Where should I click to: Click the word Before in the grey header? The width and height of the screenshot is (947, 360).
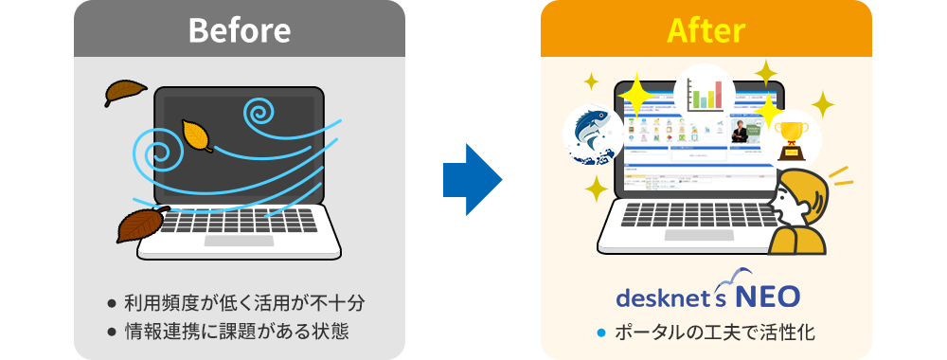click(x=239, y=29)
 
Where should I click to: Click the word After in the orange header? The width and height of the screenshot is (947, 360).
click(x=706, y=29)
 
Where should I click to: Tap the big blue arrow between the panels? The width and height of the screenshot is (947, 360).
click(x=473, y=180)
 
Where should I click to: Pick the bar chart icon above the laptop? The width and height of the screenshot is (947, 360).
click(x=704, y=94)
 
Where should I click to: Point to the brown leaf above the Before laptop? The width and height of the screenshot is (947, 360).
click(x=125, y=92)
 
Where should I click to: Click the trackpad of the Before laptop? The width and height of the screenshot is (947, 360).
click(x=239, y=241)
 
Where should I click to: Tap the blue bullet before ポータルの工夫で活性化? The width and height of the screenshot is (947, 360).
click(x=599, y=333)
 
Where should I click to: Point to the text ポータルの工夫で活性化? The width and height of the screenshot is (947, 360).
click(x=715, y=333)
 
